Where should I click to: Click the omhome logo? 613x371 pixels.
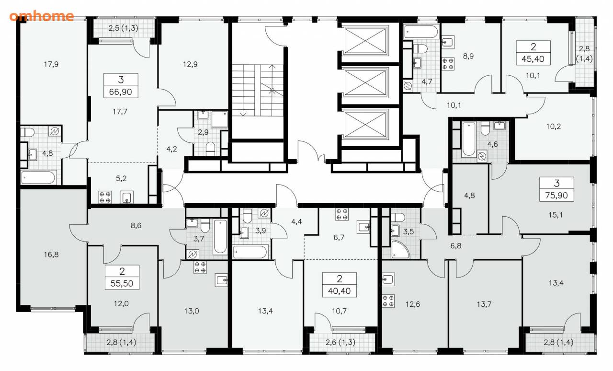pos(42,16)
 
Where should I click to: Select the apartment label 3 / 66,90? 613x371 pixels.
pos(121,85)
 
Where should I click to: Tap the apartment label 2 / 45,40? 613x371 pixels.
pos(534,53)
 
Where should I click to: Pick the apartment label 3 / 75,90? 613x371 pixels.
pos(556,189)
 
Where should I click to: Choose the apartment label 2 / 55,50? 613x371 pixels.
pos(122,277)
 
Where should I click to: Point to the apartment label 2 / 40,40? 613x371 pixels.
pos(340,285)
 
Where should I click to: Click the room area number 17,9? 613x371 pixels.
pos(51,64)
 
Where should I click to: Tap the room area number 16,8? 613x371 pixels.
pos(51,255)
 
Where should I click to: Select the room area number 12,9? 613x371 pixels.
pos(190,64)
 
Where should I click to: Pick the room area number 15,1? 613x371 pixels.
pos(556,215)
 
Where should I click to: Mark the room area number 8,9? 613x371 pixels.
pos(468,56)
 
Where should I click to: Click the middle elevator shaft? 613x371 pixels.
pos(365,82)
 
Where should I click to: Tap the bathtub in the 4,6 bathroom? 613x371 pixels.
pos(469,139)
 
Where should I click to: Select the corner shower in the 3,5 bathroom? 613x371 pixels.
pos(400,249)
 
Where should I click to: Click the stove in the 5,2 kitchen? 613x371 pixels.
pos(105,197)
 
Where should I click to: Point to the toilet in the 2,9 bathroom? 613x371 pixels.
pos(210,148)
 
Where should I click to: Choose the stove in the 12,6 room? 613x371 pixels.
pos(388,301)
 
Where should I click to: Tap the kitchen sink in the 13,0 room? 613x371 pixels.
pos(221,280)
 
